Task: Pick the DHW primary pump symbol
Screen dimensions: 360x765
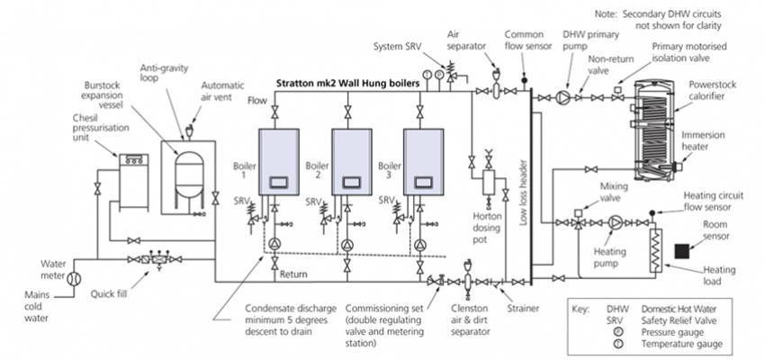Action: click(563, 93)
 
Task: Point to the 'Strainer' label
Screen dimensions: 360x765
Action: click(522, 309)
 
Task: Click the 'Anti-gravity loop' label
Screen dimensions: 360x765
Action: click(164, 73)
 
